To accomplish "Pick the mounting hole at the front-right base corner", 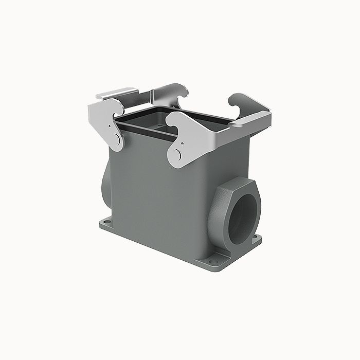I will [x=220, y=261].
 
